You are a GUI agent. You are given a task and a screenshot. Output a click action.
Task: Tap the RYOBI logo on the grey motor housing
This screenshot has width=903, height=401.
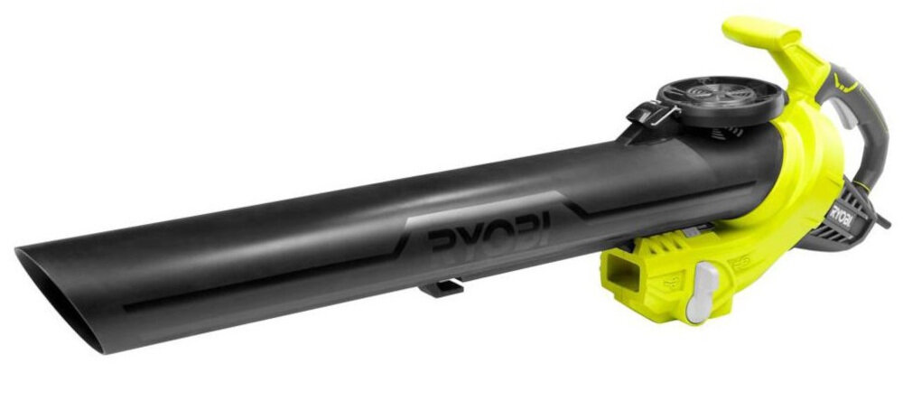(841, 217)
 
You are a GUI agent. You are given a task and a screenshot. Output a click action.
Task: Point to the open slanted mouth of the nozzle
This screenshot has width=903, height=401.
(58, 297)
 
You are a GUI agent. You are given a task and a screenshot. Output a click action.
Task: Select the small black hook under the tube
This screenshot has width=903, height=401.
(442, 286)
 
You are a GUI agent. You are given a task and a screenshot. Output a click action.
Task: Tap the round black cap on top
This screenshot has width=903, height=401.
(721, 101)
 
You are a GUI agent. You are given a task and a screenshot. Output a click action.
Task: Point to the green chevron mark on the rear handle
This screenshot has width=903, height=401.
(845, 84)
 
